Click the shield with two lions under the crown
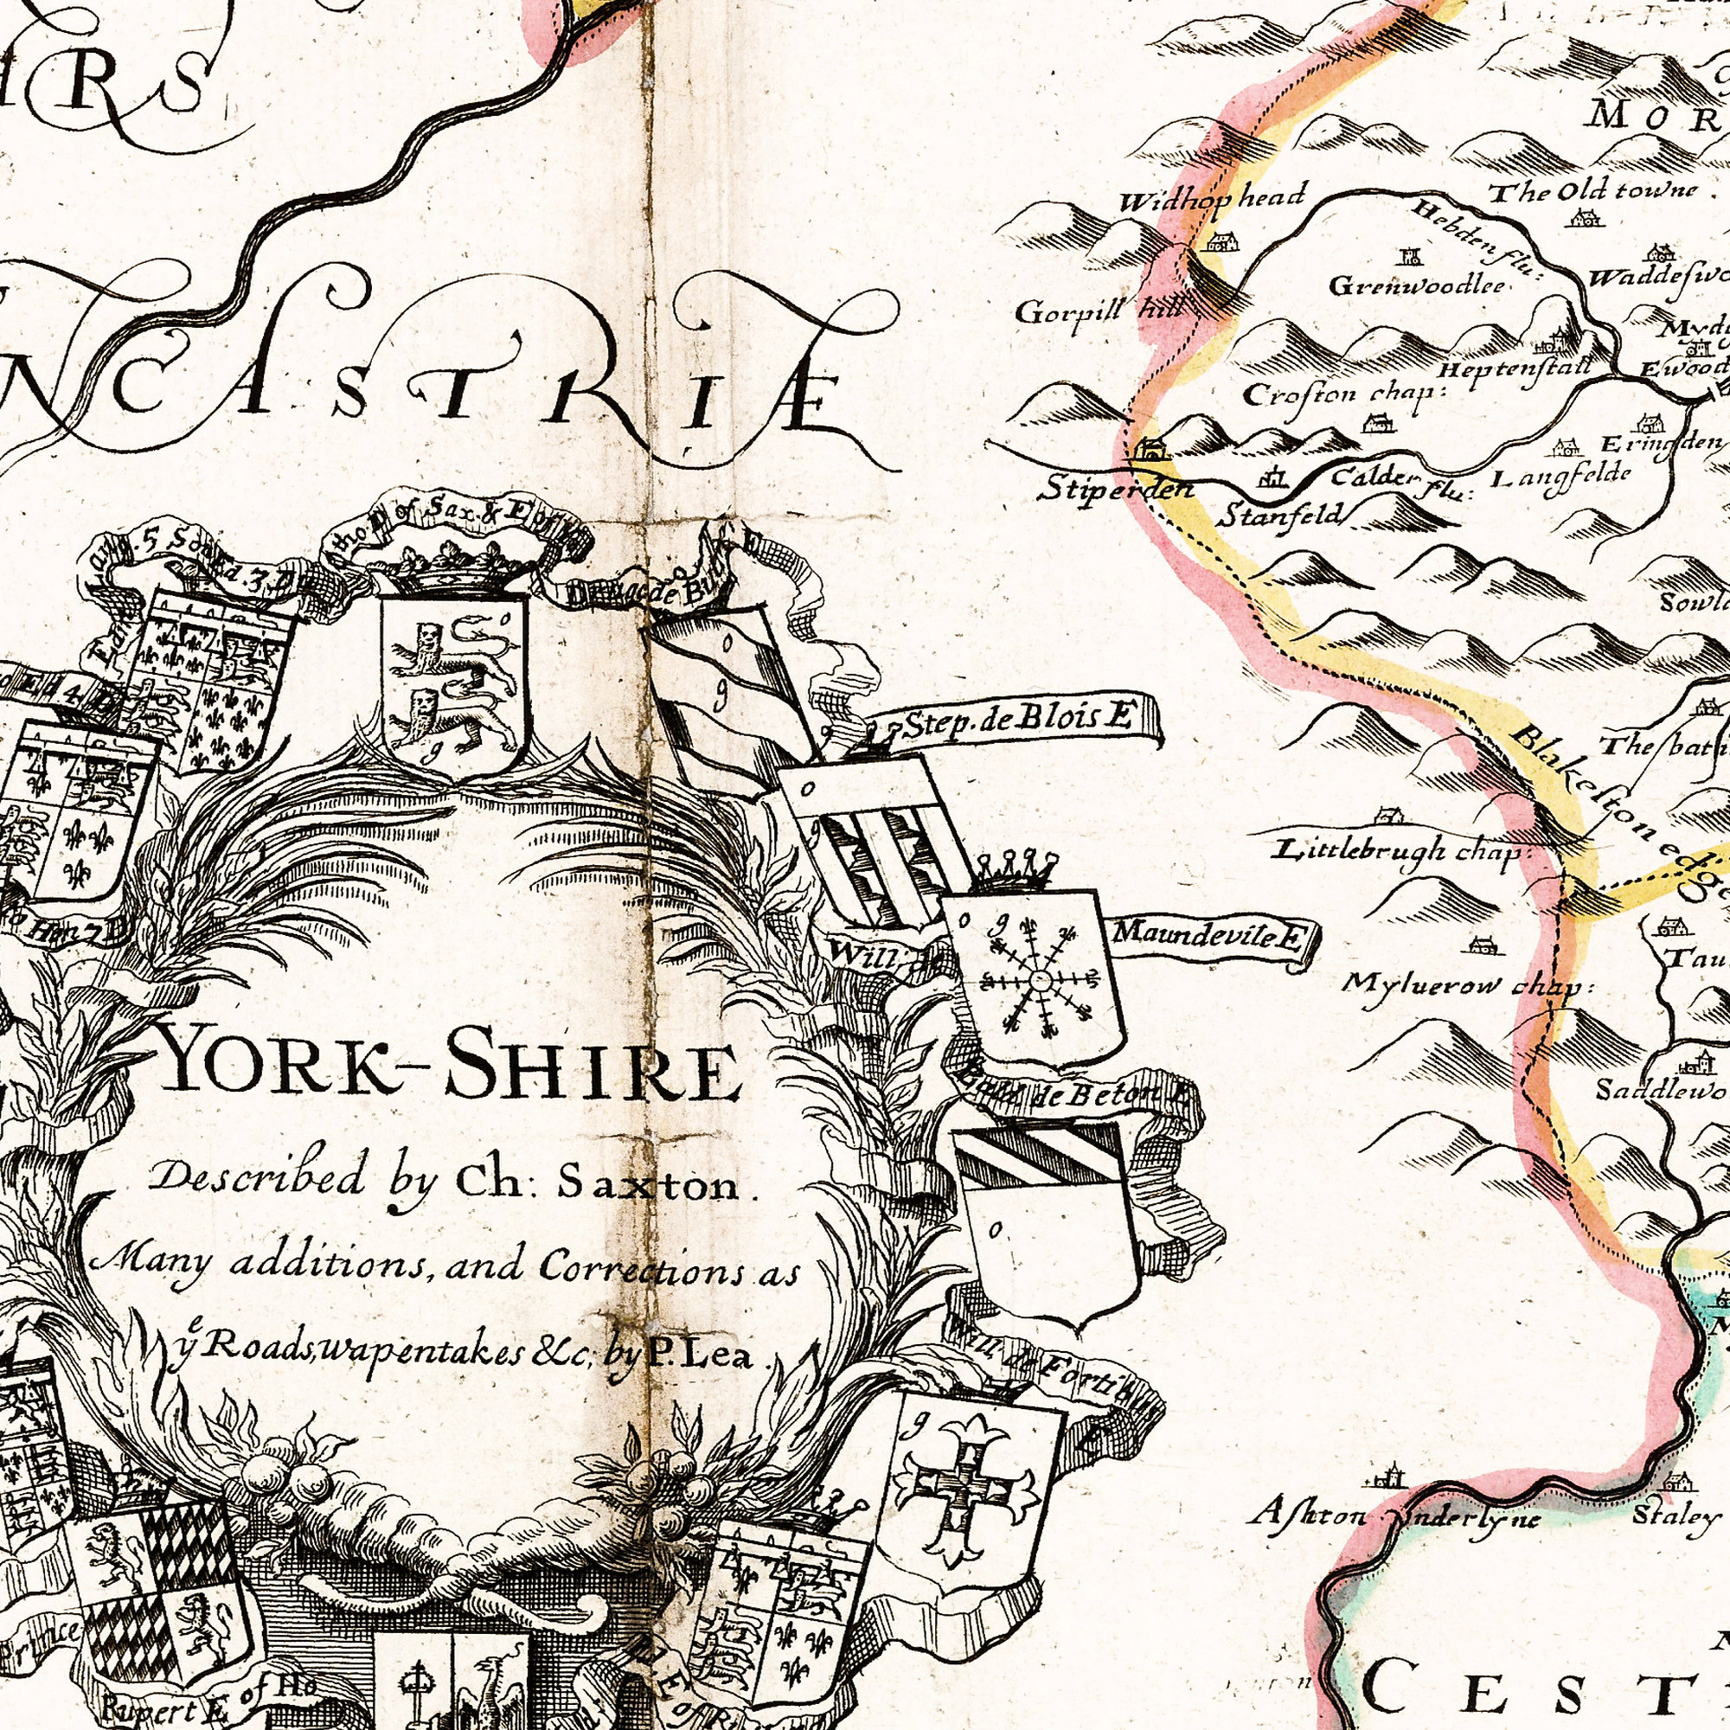coord(454,686)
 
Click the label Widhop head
coord(1213,197)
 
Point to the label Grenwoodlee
coord(1416,285)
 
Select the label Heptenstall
coord(1516,368)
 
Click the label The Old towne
coord(1593,190)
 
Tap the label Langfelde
coord(1560,476)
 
